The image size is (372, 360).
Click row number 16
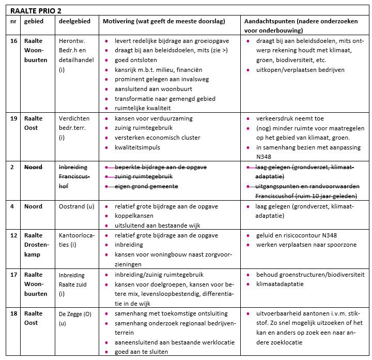[14, 40]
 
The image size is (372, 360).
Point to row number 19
[14, 118]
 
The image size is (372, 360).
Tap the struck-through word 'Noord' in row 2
[34, 168]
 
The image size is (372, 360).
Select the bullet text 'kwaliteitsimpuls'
[137, 148]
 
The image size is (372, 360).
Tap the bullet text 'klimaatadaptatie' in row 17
[280, 284]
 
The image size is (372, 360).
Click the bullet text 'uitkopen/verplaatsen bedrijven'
[300, 70]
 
